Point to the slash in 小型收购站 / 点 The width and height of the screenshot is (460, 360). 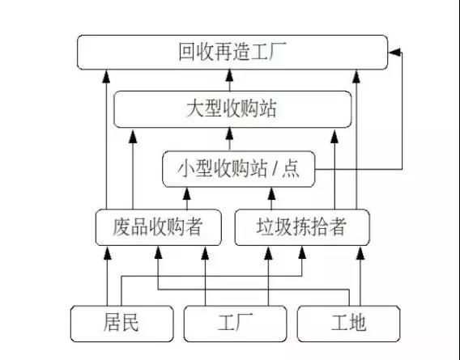(x=275, y=169)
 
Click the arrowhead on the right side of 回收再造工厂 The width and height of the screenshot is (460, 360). (x=394, y=53)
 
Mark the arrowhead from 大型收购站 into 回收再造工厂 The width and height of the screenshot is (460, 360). (x=230, y=75)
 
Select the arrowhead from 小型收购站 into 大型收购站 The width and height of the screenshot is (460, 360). (x=230, y=133)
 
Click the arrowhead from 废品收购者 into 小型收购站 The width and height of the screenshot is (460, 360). (x=187, y=194)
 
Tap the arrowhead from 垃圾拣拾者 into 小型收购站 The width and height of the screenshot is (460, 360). (x=271, y=194)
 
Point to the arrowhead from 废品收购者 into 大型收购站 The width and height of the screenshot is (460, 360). (x=133, y=137)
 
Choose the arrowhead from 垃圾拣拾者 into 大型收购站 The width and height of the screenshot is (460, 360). (x=334, y=137)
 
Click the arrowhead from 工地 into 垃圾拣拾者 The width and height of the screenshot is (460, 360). (x=360, y=253)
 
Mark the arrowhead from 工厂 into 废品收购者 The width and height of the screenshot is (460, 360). (x=205, y=253)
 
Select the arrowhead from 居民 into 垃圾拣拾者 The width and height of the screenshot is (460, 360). (x=302, y=252)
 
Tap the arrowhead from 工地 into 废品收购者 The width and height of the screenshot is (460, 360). (x=159, y=252)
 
